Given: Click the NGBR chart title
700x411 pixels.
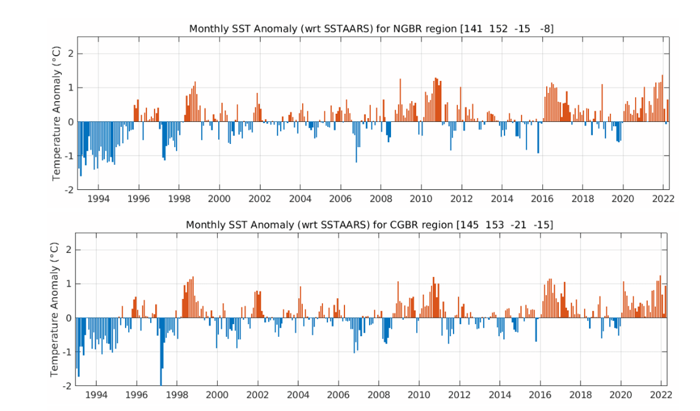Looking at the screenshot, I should tap(371, 28).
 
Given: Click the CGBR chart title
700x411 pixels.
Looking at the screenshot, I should tap(370, 225).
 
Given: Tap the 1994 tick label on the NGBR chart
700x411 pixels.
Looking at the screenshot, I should tap(98, 199).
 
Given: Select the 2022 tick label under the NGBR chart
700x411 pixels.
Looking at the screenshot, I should tap(664, 199).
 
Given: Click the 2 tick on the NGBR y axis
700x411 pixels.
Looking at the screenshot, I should tap(71, 53).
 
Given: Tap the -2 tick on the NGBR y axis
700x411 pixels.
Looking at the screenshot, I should tap(69, 189).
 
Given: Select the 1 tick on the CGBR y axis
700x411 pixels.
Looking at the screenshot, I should tap(71, 284).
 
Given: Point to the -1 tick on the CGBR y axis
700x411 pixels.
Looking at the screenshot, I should tap(69, 352).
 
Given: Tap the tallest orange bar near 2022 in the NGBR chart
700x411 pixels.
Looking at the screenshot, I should tap(662, 98).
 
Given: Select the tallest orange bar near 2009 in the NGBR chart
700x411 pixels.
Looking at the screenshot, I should tap(400, 100).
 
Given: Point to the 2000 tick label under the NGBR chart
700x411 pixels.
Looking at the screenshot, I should tap(219, 199).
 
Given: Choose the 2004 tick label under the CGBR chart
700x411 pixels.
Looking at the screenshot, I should tap(299, 395).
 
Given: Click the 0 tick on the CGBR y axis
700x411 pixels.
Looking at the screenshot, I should tap(71, 318).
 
